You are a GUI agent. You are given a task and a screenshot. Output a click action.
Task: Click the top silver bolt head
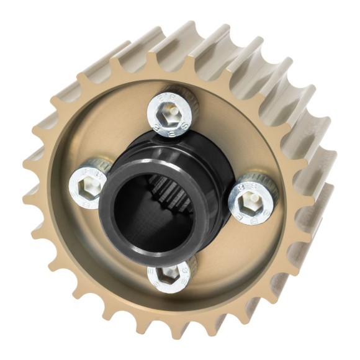(x=171, y=112)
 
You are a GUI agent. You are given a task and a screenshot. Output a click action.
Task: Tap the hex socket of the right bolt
(x=251, y=199)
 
